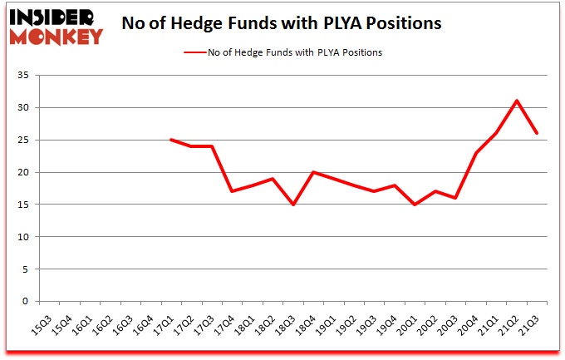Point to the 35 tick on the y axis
pyautogui.click(x=24, y=76)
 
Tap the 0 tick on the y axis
pyautogui.click(x=27, y=302)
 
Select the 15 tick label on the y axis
pyautogui.click(x=24, y=205)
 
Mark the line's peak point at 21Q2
pyautogui.click(x=517, y=101)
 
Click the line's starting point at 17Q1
pyautogui.click(x=170, y=140)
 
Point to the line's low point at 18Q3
pyautogui.click(x=292, y=205)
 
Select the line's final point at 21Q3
pyautogui.click(x=537, y=133)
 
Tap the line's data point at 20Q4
pyautogui.click(x=476, y=153)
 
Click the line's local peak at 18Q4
pyautogui.click(x=313, y=172)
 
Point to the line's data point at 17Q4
pyautogui.click(x=232, y=191)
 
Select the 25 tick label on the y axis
pyautogui.click(x=24, y=140)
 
